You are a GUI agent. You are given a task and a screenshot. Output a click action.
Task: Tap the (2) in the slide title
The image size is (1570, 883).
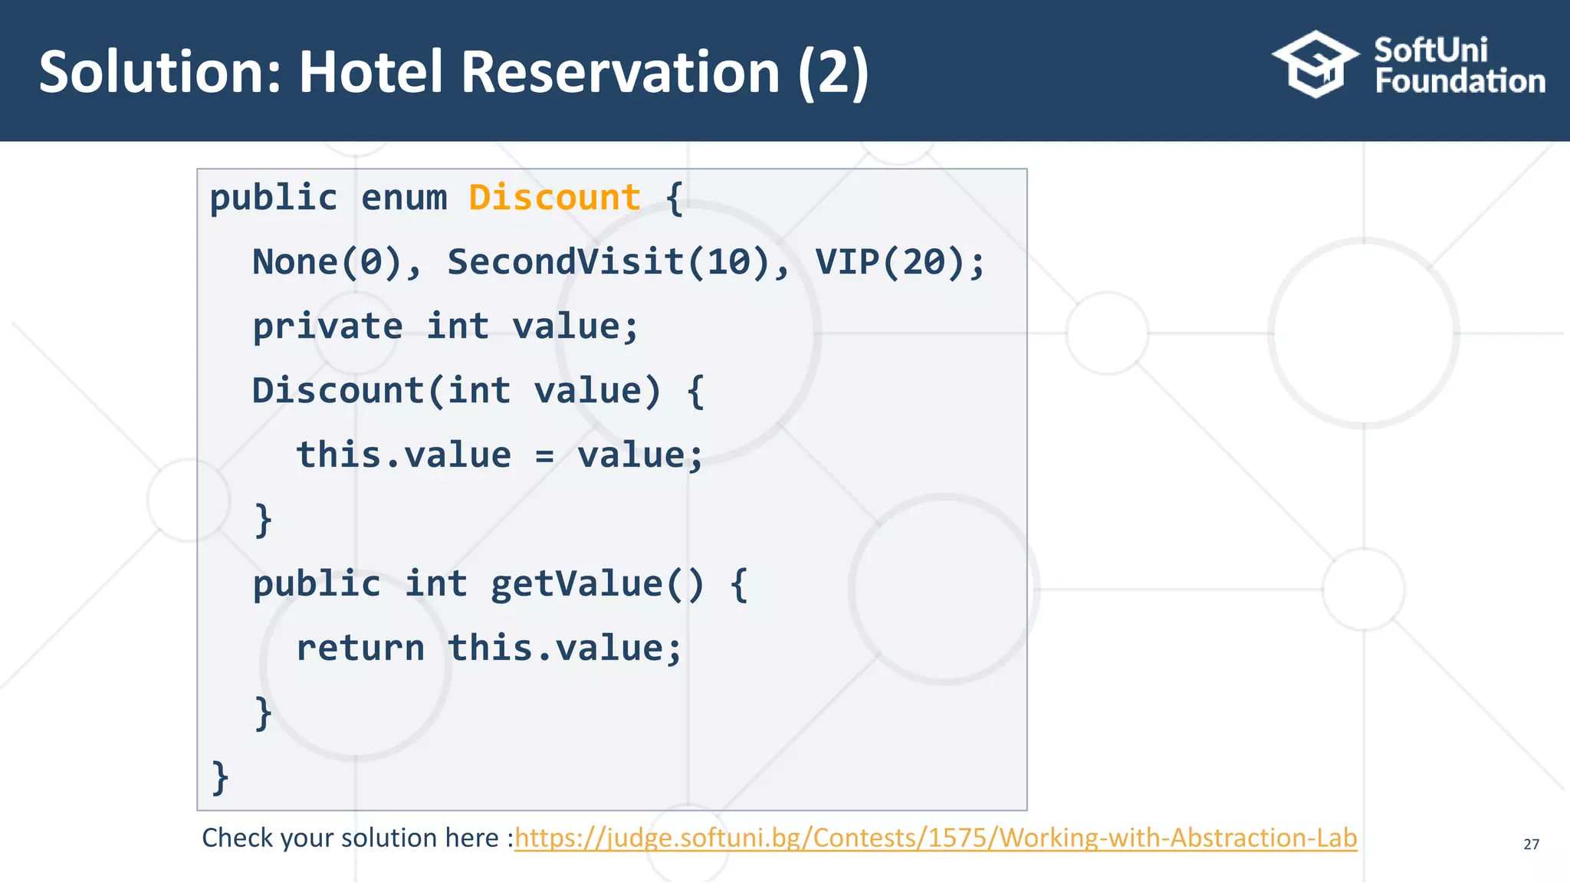833,72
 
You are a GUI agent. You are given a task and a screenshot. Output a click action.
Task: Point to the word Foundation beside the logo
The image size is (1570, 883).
1460,81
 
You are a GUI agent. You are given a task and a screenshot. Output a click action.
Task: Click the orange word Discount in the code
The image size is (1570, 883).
554,198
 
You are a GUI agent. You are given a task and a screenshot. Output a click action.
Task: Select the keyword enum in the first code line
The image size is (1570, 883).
403,198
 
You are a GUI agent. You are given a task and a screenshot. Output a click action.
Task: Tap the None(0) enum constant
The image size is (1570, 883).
327,262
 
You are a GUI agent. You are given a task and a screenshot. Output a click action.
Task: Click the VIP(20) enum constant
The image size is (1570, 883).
890,262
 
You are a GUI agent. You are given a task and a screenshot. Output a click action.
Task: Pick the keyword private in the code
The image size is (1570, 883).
327,327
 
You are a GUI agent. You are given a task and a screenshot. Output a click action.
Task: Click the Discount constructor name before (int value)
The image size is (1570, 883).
337,391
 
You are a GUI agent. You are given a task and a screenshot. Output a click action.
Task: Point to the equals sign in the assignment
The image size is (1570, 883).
544,455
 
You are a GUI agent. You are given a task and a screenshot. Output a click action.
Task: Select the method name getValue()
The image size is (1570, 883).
596,584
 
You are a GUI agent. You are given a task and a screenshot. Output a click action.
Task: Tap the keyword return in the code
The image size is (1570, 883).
360,648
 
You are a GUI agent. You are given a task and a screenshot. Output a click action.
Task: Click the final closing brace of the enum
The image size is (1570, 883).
220,777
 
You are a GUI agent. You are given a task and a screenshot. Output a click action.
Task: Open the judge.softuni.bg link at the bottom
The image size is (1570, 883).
935,838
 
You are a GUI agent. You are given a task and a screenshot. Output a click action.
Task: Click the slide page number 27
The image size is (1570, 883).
1531,844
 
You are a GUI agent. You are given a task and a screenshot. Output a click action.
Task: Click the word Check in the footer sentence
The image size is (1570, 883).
238,838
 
